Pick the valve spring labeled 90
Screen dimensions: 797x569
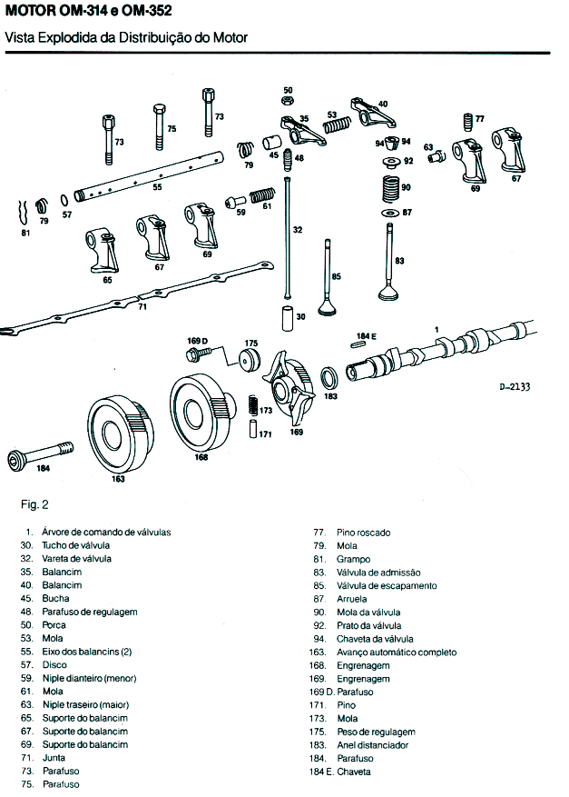point(391,188)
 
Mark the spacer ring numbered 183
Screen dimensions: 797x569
point(331,376)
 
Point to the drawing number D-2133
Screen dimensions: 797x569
point(515,386)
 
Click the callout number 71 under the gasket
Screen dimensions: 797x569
point(142,308)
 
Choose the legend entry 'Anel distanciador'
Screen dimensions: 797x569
point(370,745)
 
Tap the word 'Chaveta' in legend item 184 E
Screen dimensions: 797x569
point(354,772)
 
